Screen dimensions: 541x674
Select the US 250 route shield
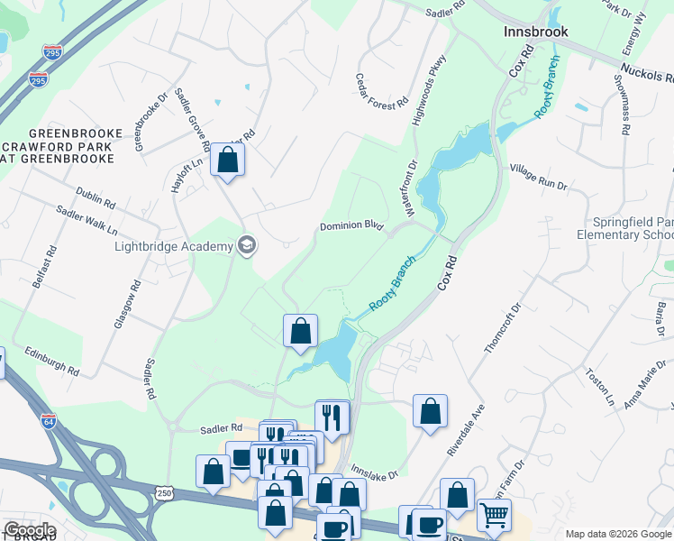point(163,492)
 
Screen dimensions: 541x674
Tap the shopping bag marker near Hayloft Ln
point(228,160)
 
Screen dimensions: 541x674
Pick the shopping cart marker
point(494,515)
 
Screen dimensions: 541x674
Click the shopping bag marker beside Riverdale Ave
point(431,411)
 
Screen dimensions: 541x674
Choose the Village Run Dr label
point(538,175)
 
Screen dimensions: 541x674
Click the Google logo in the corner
point(29,530)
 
